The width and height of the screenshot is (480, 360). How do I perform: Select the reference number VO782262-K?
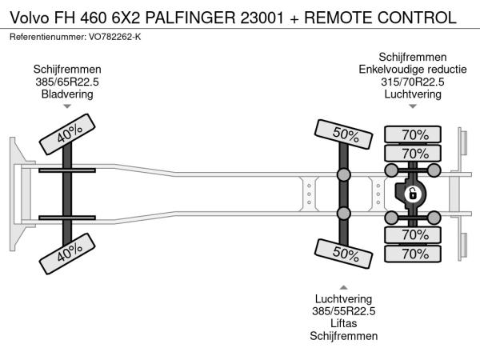pyautogui.click(x=110, y=38)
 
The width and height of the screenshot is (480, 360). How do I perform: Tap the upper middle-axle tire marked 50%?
pyautogui.click(x=344, y=134)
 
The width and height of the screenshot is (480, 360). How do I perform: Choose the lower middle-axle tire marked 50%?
pyautogui.click(x=344, y=254)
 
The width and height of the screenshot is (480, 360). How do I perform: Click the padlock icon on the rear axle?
pyautogui.click(x=413, y=194)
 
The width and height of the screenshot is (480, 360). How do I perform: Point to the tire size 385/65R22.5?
pyautogui.click(x=67, y=82)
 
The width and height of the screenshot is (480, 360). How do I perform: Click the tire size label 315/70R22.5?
pyautogui.click(x=412, y=82)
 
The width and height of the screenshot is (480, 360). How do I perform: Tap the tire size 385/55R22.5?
pyautogui.click(x=344, y=311)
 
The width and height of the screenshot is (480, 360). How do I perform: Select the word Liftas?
pyautogui.click(x=344, y=323)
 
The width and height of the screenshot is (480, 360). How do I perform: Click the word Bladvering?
pyautogui.click(x=67, y=94)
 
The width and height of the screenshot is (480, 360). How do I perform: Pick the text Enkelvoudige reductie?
pyautogui.click(x=412, y=70)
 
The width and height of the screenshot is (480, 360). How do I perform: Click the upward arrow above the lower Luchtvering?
pyautogui.click(x=344, y=287)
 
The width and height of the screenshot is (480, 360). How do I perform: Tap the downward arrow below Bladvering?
pyautogui.click(x=67, y=106)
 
